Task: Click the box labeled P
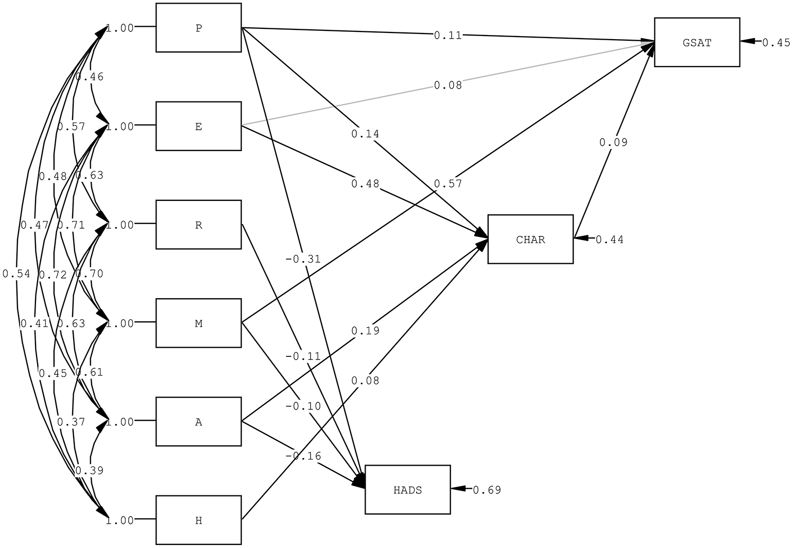point(198,28)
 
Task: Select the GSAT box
point(697,42)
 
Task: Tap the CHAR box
point(530,239)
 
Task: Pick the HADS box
point(407,490)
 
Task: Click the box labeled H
point(198,520)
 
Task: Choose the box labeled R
point(198,225)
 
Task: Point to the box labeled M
point(198,323)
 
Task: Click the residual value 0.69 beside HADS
point(487,490)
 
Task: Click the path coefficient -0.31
point(303,259)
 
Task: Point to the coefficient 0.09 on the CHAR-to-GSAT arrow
point(613,143)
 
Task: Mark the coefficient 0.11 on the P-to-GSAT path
point(447,36)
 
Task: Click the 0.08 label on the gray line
point(447,85)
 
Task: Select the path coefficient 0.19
point(365,331)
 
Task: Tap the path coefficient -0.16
point(303,456)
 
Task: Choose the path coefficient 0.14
point(365,134)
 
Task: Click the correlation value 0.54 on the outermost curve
point(16,274)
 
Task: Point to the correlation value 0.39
point(89,470)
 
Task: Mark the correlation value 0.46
point(89,77)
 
